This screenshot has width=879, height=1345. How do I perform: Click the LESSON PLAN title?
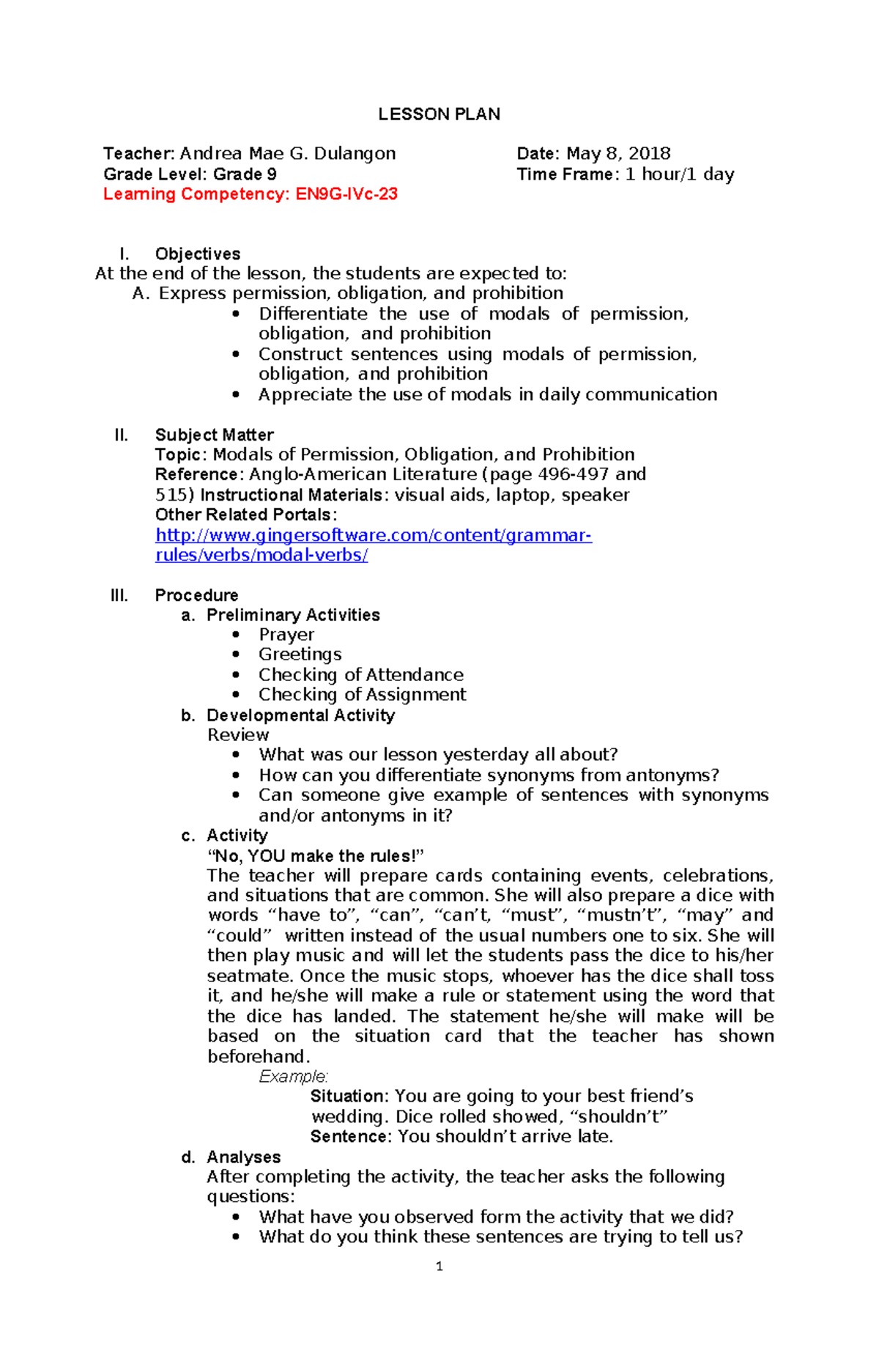coord(439,114)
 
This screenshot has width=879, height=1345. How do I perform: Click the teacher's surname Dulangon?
coord(355,154)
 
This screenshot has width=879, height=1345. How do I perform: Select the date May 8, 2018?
coord(618,154)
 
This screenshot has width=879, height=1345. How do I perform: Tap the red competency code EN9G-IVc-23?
coord(346,194)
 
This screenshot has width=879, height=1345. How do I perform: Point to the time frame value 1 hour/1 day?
coord(679,174)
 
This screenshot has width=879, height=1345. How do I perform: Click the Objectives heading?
coord(198,254)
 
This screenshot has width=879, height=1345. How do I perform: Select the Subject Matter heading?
coord(214,435)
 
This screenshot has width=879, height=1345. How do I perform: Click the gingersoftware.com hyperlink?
coord(374,536)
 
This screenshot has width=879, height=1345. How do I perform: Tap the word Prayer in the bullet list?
coord(286,635)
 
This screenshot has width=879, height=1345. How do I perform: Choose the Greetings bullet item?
coord(300,655)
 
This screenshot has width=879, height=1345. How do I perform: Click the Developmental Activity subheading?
coord(300,715)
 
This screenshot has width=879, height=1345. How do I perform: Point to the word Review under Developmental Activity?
coord(238,735)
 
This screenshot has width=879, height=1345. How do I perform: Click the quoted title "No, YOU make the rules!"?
coord(316,856)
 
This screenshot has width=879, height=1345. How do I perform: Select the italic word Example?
coord(294,1077)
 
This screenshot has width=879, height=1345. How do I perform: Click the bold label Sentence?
coord(352,1137)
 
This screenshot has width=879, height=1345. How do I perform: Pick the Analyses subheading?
coord(243,1157)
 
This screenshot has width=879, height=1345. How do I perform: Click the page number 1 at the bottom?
coord(439,1267)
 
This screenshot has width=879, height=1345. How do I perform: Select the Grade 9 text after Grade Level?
coord(245,174)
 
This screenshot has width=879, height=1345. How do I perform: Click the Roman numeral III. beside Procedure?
coord(119,595)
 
